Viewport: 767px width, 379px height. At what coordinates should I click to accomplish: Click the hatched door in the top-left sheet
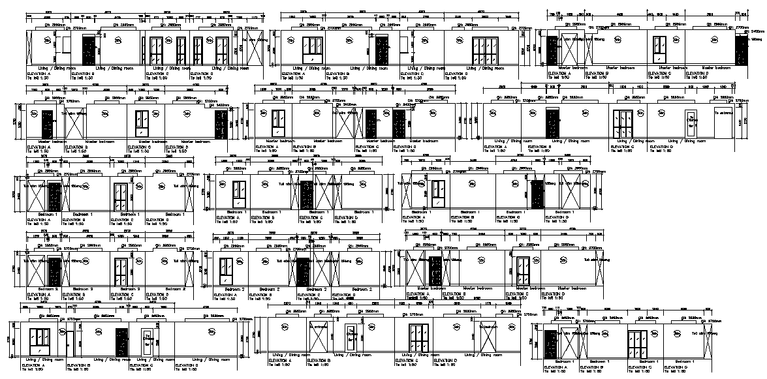89,50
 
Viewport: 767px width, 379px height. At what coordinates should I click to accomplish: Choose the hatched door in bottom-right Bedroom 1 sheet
550,344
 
